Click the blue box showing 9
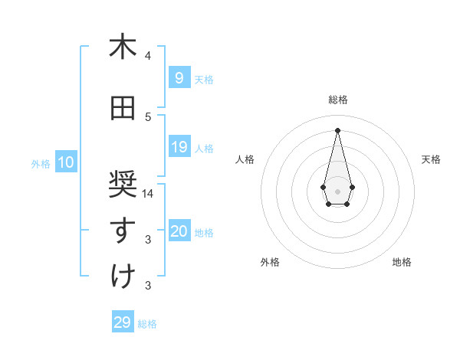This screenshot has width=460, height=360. click(179, 77)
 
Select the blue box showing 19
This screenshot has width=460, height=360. click(179, 147)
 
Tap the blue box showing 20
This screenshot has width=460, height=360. click(179, 232)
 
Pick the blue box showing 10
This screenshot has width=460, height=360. click(66, 162)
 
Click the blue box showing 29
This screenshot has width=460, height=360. click(123, 322)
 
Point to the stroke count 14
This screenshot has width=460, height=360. click(148, 194)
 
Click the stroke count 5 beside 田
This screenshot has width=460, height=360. click(148, 117)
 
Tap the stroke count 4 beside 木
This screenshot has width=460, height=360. click(148, 56)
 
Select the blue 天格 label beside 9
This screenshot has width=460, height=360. click(204, 79)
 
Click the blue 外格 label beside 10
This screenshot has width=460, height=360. click(41, 163)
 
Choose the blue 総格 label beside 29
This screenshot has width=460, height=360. click(147, 324)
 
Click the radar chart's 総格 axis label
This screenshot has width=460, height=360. click(337, 100)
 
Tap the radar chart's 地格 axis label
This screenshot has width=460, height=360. click(402, 262)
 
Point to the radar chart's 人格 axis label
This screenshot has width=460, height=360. click(245, 159)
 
